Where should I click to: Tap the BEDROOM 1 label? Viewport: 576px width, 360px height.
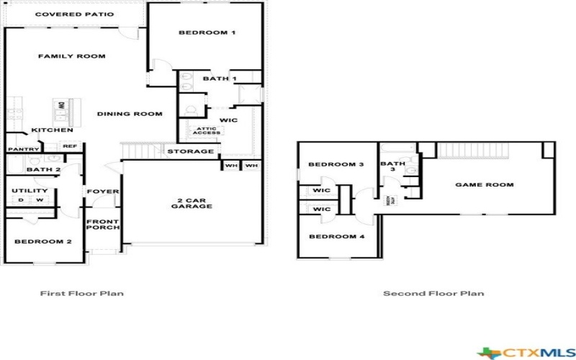207,33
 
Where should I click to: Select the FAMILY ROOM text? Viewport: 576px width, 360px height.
72,56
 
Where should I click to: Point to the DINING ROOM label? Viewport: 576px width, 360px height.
130,114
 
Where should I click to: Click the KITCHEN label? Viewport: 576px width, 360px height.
51,130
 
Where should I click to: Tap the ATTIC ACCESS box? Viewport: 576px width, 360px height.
206,130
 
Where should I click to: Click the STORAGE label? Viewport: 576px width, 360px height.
190,151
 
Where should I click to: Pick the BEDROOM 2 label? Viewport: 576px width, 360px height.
42,241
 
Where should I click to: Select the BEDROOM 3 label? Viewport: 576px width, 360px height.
336,165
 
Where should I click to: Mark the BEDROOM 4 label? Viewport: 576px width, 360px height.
336,237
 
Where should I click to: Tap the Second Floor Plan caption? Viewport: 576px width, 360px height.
433,293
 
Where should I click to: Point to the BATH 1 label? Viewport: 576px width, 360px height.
220,78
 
